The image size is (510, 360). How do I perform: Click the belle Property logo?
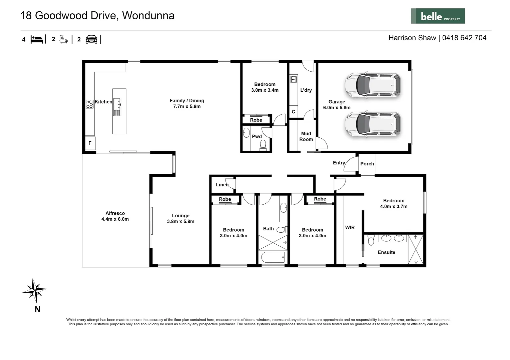tap(437, 16)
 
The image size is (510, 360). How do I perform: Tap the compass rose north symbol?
tap(34, 290)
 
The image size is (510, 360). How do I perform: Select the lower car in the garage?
tap(372, 124)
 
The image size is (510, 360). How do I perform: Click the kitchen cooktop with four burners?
tap(90, 104)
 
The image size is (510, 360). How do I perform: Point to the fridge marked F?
tap(90, 143)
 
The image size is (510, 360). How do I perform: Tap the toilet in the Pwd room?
tap(263, 145)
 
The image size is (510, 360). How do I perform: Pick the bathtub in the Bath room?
tap(273, 257)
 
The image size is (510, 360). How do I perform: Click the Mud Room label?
tap(306, 136)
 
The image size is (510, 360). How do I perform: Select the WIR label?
tap(350, 227)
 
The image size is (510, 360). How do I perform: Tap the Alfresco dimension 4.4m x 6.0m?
tap(115, 219)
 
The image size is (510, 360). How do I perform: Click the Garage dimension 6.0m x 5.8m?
tap(337, 108)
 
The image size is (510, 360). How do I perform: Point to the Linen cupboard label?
tap(222, 185)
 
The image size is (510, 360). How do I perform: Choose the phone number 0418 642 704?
tap(464, 38)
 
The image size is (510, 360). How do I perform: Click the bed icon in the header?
tap(37, 39)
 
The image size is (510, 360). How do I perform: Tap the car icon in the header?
tap(91, 39)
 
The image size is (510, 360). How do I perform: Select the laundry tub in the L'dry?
tap(294, 79)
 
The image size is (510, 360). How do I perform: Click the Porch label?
tap(367, 164)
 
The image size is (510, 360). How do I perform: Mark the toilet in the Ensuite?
tap(371, 240)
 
